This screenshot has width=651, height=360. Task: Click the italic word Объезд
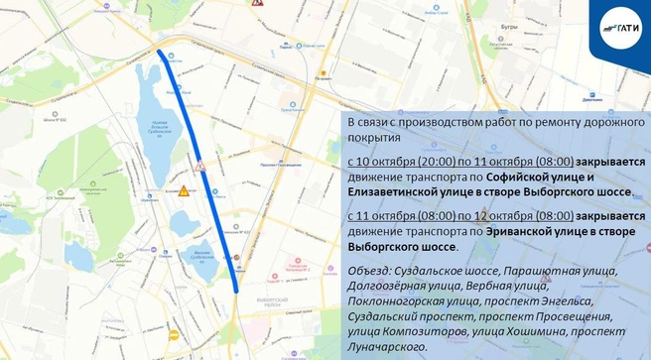tap(367, 271)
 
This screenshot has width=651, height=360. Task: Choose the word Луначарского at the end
tap(387, 347)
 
